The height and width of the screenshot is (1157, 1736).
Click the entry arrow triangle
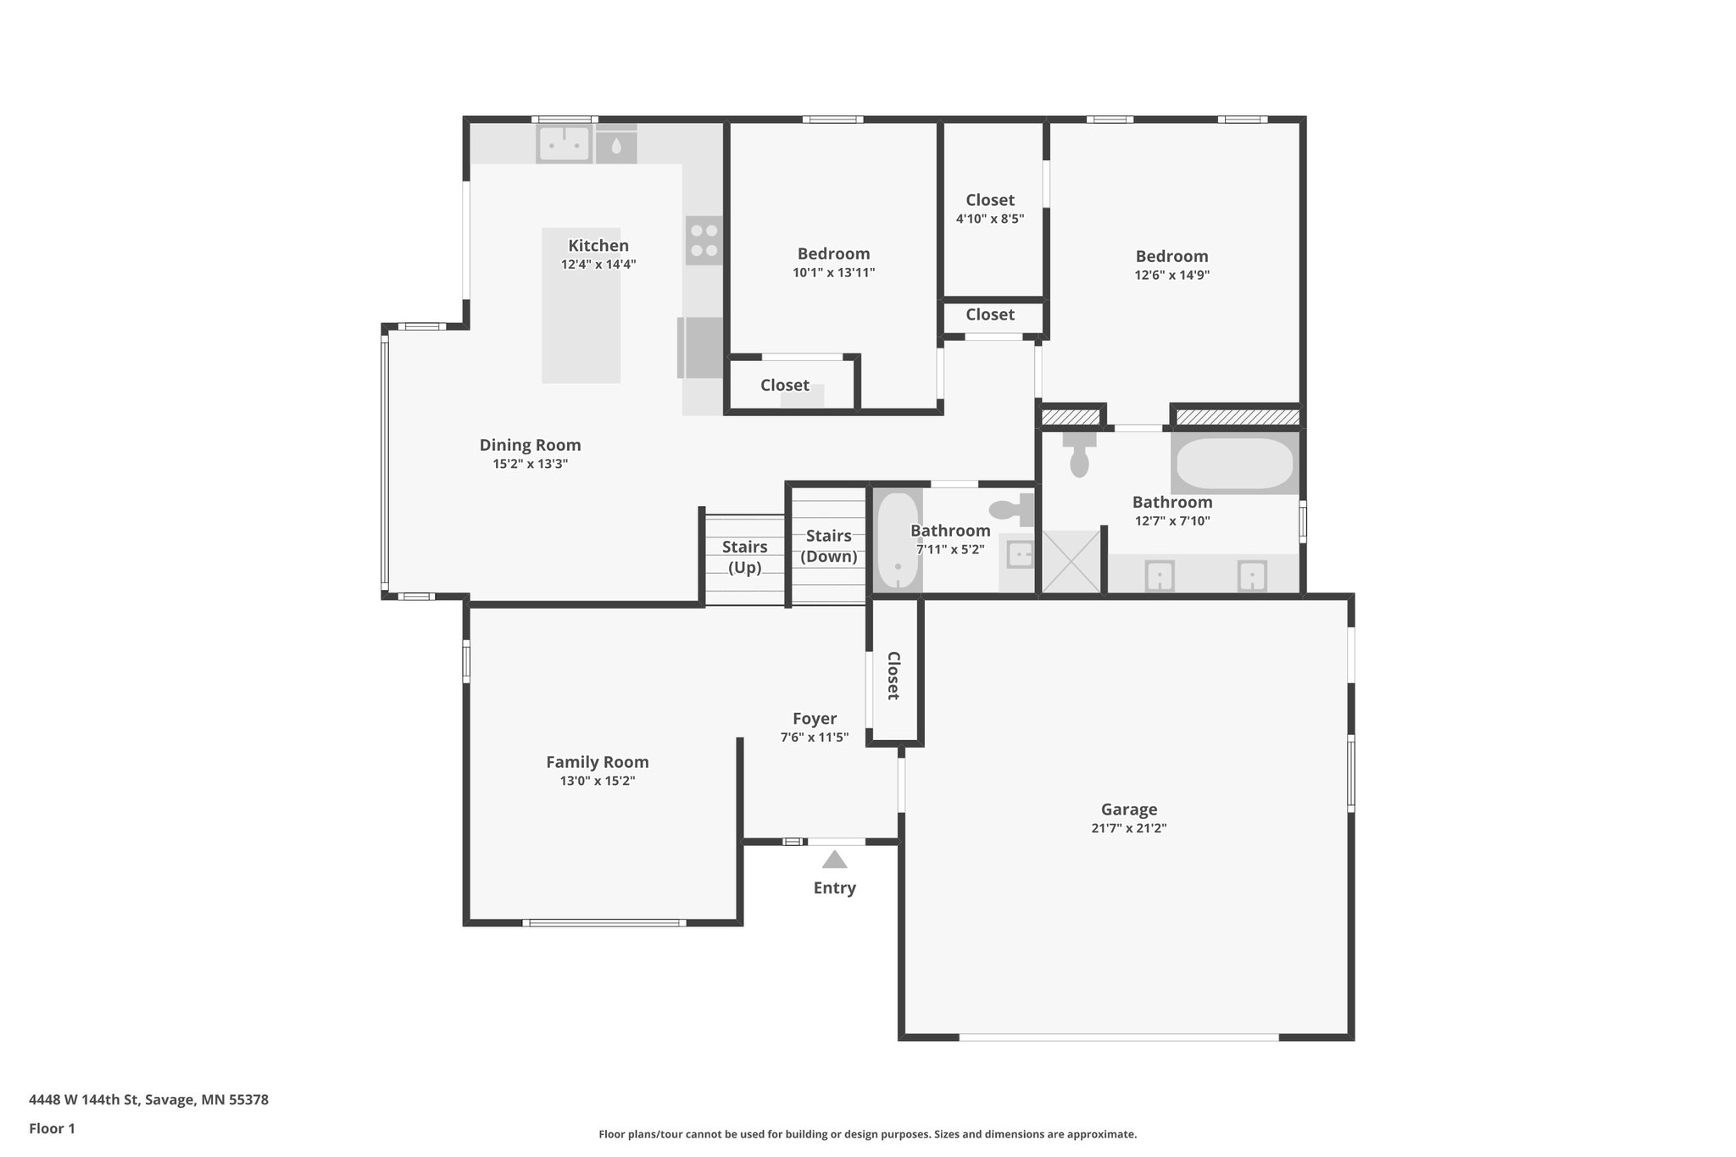point(834,860)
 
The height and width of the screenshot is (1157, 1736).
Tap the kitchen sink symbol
point(563,144)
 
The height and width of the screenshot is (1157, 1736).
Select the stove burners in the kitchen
point(704,241)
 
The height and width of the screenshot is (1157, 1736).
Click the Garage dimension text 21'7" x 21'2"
point(1128,829)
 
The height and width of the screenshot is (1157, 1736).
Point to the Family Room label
point(597,762)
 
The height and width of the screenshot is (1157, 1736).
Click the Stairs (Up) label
point(744,557)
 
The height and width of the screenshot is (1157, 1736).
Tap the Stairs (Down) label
point(828,546)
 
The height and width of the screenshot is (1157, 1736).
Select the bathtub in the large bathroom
point(1235,463)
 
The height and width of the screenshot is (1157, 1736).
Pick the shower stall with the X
point(1070,562)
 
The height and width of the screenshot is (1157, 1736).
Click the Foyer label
point(814,719)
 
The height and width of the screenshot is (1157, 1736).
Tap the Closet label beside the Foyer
point(893,676)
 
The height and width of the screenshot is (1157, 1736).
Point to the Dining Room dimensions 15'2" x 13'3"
point(530,464)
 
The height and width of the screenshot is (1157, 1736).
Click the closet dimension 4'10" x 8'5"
point(989,219)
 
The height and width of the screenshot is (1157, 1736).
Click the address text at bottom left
point(148,1100)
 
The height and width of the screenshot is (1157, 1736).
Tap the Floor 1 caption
point(52,1128)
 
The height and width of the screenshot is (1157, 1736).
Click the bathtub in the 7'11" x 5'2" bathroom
point(898,542)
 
